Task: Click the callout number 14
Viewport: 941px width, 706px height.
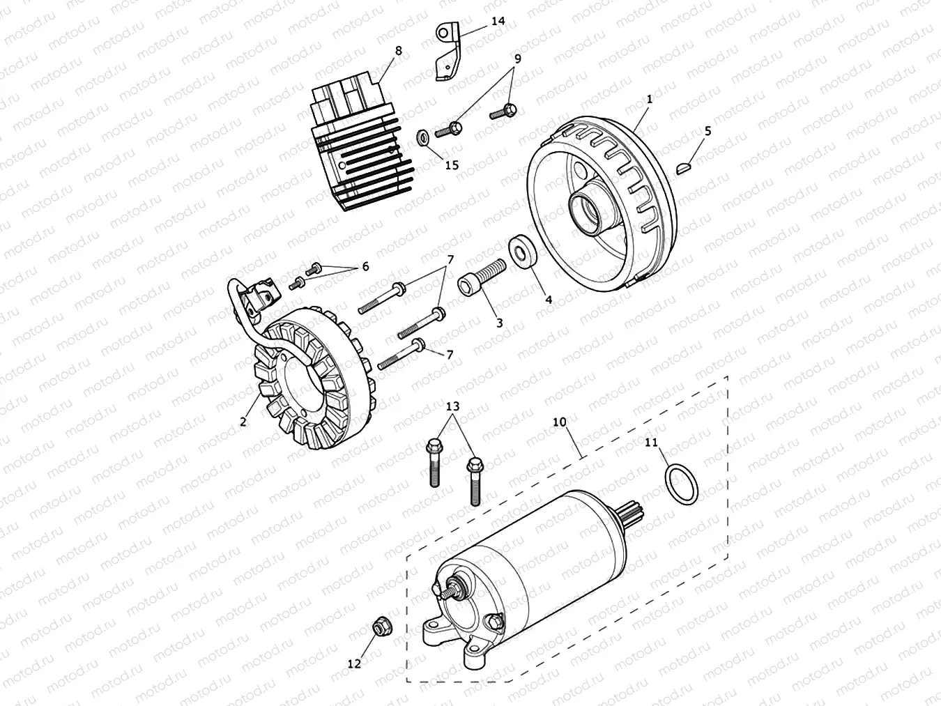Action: (x=498, y=21)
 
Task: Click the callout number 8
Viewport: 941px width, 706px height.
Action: (x=398, y=50)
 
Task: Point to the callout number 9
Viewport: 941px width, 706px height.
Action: (x=517, y=59)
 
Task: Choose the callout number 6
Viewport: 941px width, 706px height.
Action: (x=365, y=266)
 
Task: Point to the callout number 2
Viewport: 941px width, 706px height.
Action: (x=243, y=422)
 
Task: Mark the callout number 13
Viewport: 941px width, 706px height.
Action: (x=453, y=406)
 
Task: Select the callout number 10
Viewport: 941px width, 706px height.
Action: (x=560, y=422)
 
